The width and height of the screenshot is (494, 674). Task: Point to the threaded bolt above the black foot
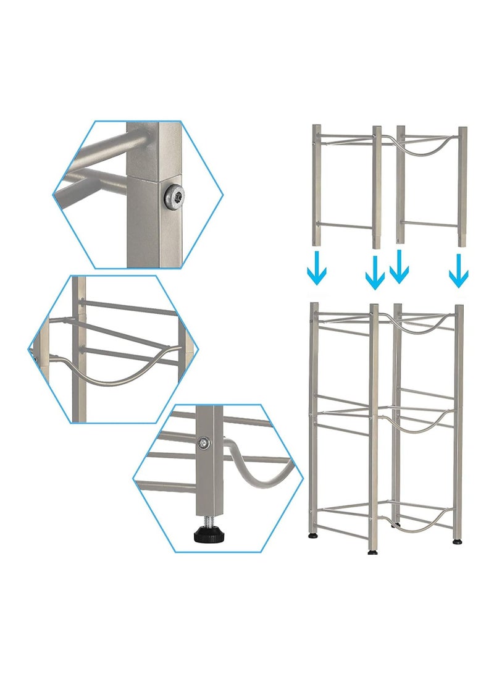pyautogui.click(x=207, y=518)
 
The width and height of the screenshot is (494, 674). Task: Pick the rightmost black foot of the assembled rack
pyautogui.click(x=457, y=541)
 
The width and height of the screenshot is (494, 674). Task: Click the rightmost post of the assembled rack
pyautogui.click(x=458, y=420)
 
